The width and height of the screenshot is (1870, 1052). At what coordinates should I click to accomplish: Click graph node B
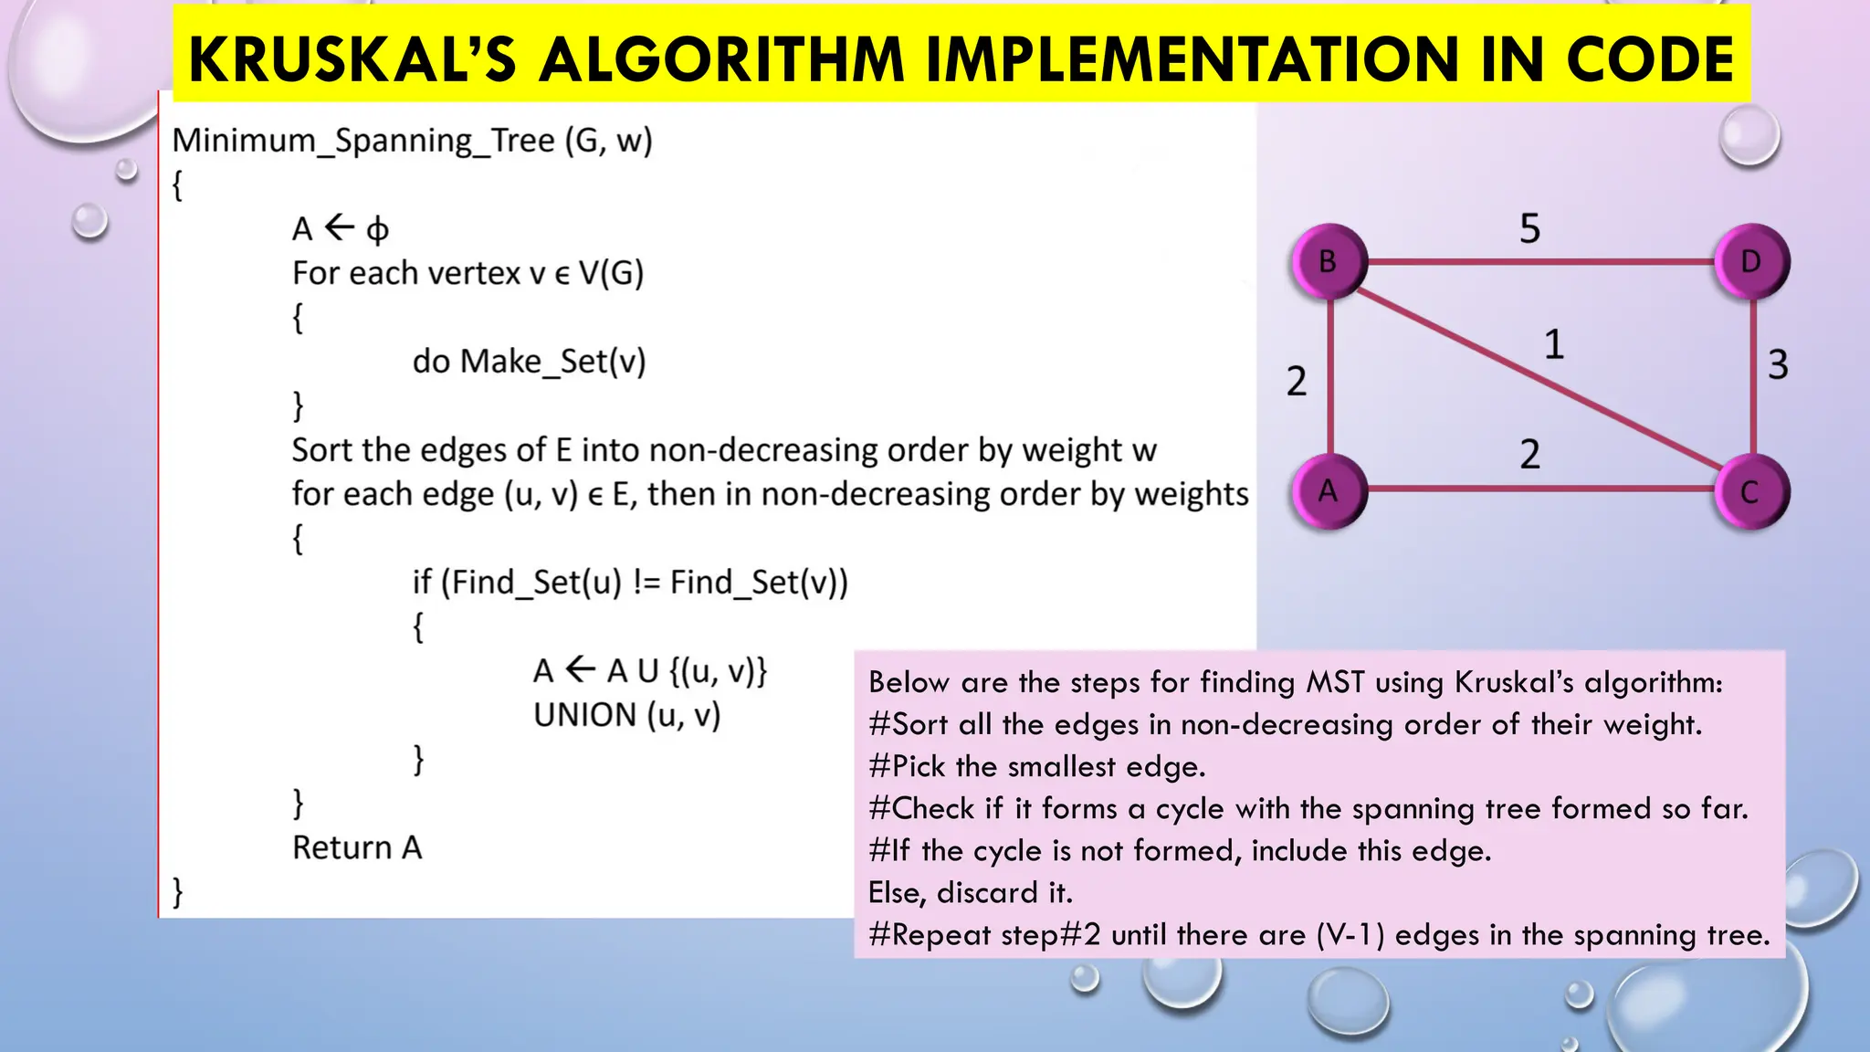coord(1329,262)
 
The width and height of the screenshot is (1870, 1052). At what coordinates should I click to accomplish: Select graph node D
coord(1750,262)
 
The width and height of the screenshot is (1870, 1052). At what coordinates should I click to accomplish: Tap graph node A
coord(1329,491)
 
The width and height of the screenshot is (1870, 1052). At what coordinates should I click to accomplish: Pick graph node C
coord(1750,492)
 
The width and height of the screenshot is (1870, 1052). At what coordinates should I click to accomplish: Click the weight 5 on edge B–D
coord(1530,228)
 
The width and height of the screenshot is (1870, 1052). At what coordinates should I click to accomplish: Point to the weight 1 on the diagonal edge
coord(1554,345)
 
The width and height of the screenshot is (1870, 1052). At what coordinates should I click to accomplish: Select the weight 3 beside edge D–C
coord(1778,364)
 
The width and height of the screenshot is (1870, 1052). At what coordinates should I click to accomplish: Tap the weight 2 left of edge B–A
coord(1297,381)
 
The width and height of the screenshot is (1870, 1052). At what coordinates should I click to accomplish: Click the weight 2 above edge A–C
coord(1530,454)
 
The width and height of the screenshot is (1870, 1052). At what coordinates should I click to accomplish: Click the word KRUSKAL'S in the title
coord(352,59)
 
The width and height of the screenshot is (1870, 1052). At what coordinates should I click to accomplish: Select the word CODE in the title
coord(1650,59)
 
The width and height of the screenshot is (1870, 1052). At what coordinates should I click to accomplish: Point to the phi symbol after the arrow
coord(377,230)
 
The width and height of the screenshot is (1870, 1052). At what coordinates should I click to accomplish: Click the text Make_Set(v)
coord(552,362)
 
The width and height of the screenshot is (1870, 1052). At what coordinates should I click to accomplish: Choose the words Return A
coord(357,847)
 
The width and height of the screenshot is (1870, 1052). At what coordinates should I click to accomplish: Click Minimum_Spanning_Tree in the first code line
coord(363,141)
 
